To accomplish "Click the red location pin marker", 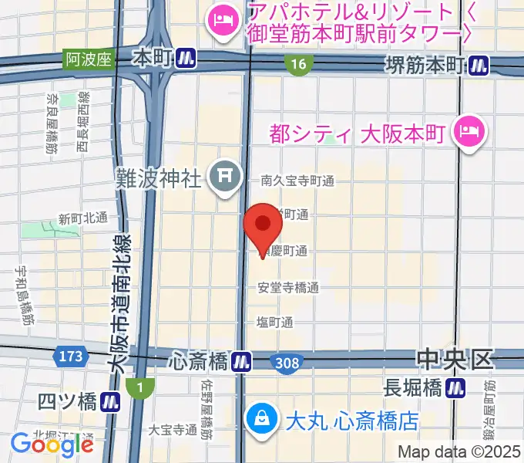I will coord(263,225).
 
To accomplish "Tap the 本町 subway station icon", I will coord(185,57).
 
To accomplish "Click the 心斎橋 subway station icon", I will coord(242,360).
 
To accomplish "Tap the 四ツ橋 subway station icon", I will coord(112,401).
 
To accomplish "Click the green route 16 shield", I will coord(297,66).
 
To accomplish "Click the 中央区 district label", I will coord(454,358).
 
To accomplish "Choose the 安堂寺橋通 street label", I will coord(289,288).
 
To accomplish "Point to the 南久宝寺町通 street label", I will coord(297,181).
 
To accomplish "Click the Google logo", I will coord(51,444).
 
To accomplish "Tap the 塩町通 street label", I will coord(276,322).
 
